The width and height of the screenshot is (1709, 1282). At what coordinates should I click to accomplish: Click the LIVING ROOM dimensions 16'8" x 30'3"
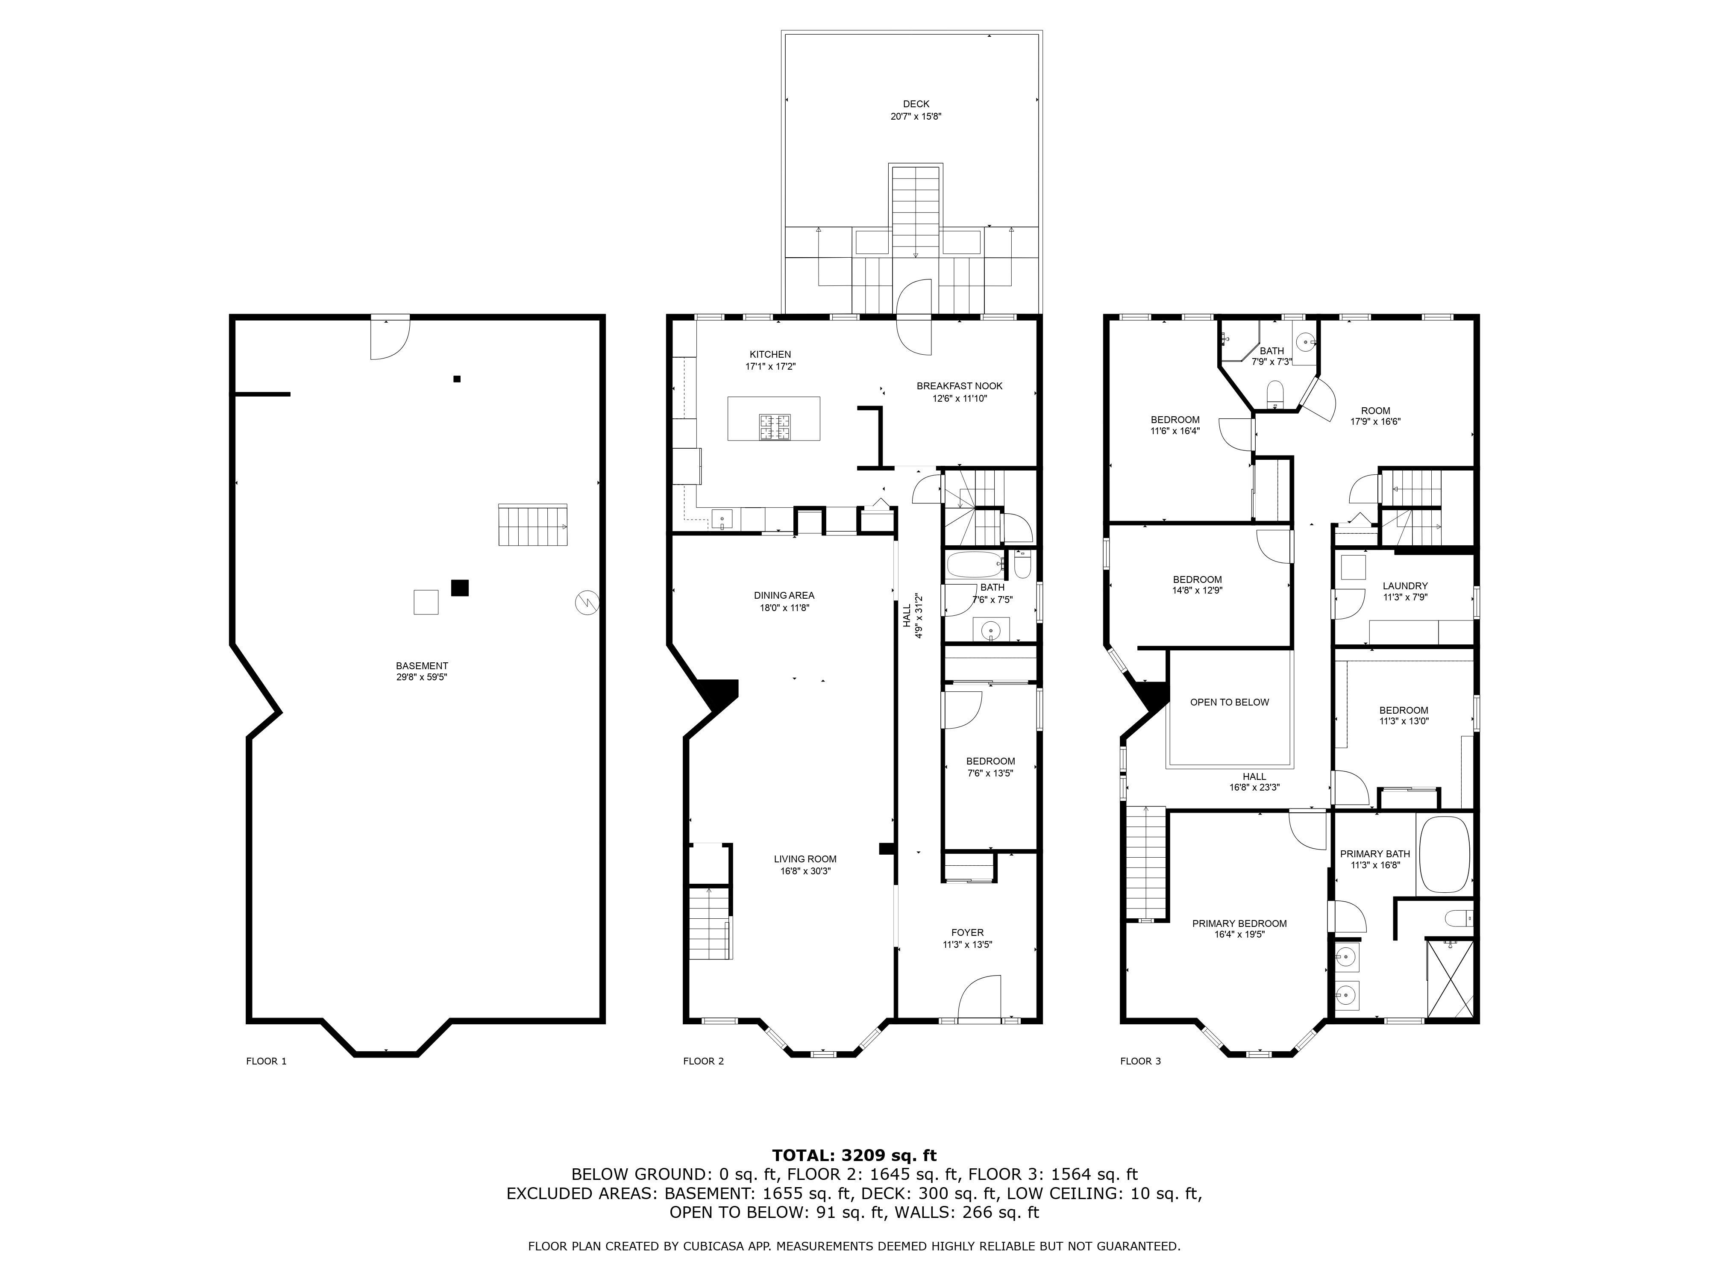click(x=805, y=871)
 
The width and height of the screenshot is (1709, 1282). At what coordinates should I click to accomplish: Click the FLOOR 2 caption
click(x=703, y=1061)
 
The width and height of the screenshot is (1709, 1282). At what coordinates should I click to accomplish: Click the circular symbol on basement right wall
click(x=587, y=602)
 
